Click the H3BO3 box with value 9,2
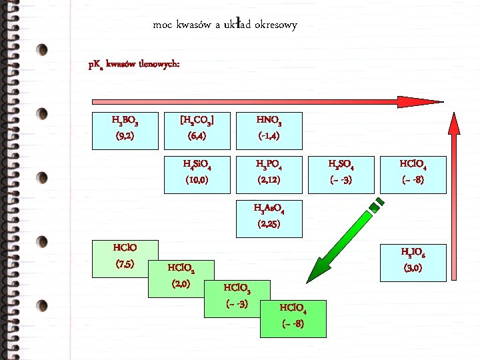(x=125, y=129)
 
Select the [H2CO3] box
(x=197, y=129)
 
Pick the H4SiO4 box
(x=197, y=172)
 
